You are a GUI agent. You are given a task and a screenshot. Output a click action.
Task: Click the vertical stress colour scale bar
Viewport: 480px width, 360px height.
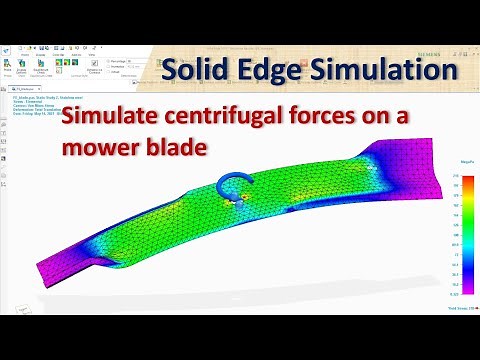pos(456,234)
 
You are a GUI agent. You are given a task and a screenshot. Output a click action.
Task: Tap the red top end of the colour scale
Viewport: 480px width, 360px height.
pos(456,178)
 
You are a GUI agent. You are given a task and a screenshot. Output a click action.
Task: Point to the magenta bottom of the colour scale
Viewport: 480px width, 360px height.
pos(456,291)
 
